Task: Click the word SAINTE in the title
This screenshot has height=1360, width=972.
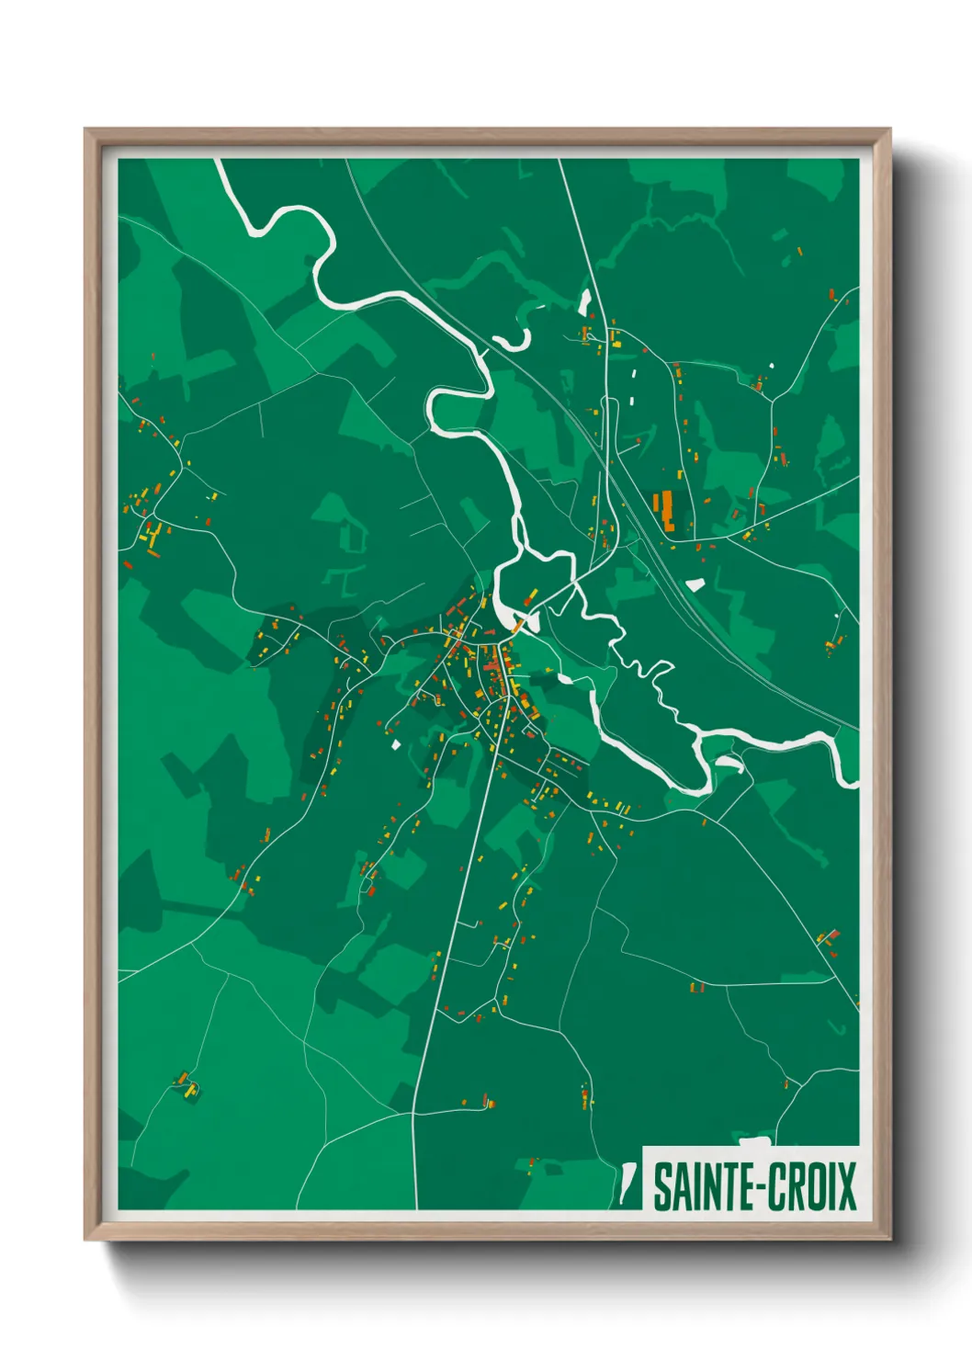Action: click(700, 1187)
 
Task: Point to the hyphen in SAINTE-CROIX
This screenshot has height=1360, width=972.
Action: click(754, 1188)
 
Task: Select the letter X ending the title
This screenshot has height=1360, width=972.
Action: click(845, 1187)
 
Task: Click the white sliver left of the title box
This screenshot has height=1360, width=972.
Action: click(626, 1184)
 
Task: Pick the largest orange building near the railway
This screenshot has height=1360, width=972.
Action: click(663, 510)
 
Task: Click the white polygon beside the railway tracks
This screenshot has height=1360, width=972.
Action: click(695, 584)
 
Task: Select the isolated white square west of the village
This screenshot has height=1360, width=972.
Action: click(397, 744)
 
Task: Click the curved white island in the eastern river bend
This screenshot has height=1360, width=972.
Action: click(730, 762)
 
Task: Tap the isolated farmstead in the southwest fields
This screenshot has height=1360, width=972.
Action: click(186, 1085)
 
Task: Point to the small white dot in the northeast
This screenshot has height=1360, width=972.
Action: click(772, 366)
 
